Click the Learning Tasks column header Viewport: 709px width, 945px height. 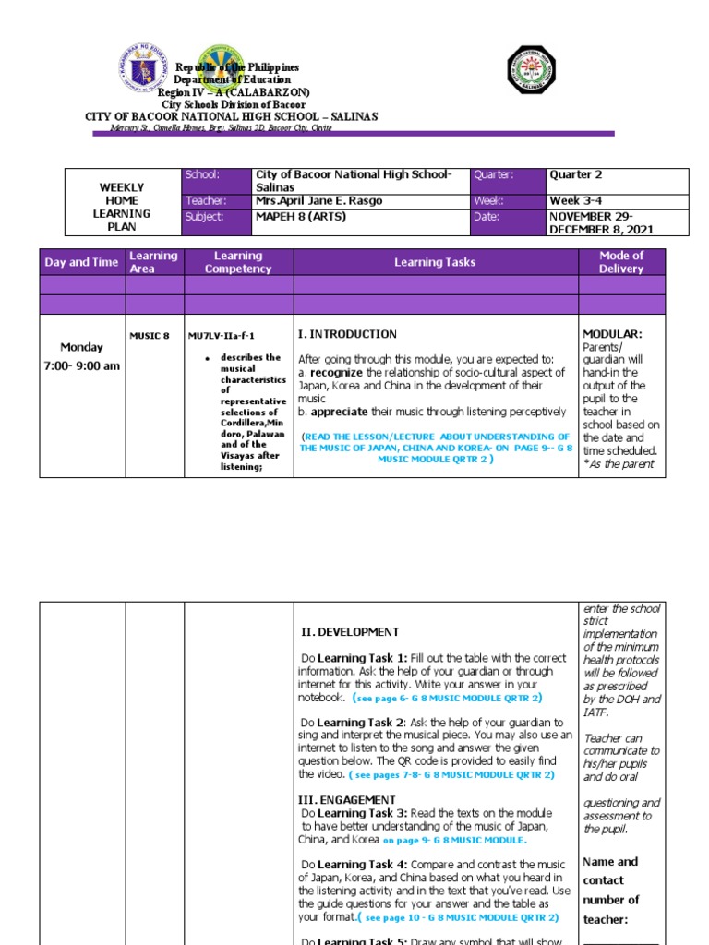click(x=435, y=262)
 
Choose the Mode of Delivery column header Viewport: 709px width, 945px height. click(x=621, y=262)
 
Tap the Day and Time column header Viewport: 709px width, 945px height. click(x=81, y=262)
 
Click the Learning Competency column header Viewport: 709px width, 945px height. click(x=238, y=262)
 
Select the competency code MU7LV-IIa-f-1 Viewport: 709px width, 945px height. click(x=221, y=337)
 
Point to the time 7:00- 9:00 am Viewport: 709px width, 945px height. click(x=81, y=365)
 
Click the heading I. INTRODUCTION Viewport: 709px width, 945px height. click(x=347, y=334)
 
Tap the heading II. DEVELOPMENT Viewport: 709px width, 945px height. click(x=351, y=632)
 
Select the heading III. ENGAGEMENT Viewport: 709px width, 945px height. click(x=346, y=799)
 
